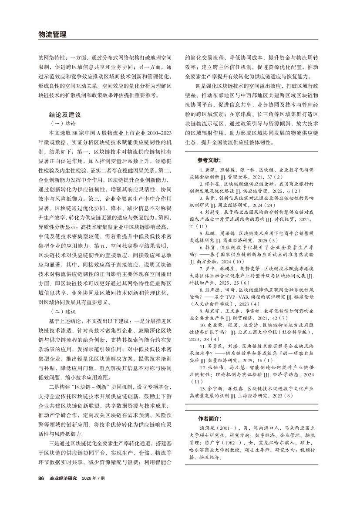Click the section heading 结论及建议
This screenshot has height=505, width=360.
(x=65, y=115)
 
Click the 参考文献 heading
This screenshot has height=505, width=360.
(x=209, y=160)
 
